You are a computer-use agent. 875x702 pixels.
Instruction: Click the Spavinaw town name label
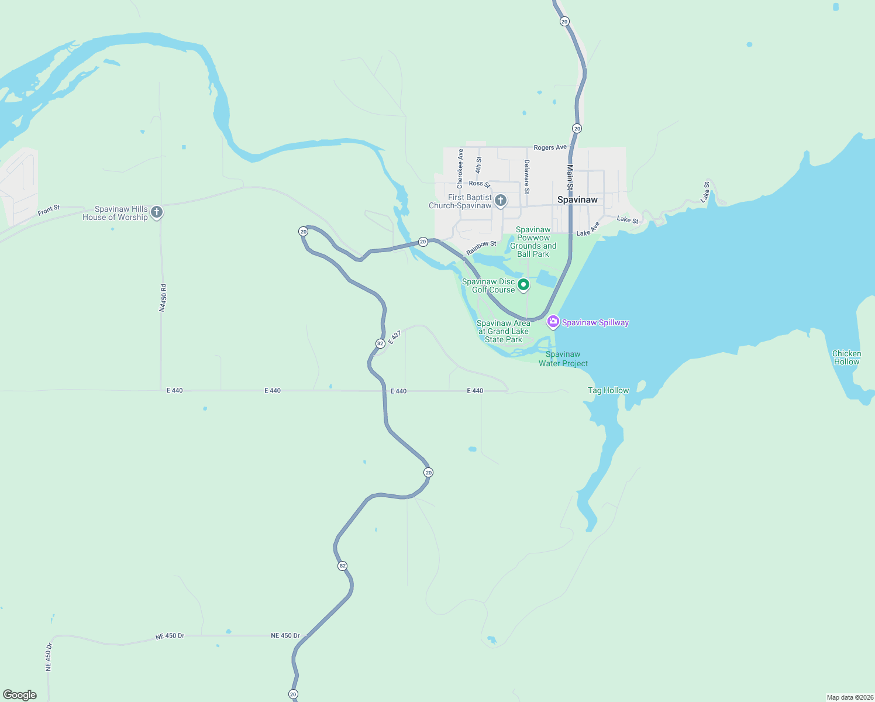click(577, 199)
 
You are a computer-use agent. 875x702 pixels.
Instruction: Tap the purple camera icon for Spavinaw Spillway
click(553, 321)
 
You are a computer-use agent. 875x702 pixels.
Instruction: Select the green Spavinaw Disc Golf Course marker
click(523, 285)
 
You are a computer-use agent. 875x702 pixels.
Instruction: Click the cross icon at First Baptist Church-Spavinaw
click(501, 201)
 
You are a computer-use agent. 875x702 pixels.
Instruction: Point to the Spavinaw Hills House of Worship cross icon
click(157, 212)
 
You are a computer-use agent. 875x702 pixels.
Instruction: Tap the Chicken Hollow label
click(846, 357)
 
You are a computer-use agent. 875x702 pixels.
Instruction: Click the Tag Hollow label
click(608, 390)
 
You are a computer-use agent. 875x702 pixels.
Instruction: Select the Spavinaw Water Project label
click(563, 359)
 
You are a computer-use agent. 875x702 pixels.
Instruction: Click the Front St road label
click(49, 209)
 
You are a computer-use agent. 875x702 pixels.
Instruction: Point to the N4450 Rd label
click(163, 298)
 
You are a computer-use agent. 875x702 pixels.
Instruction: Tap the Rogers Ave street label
click(550, 147)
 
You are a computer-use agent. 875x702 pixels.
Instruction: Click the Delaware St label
click(526, 177)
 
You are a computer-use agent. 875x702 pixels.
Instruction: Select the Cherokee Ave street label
click(460, 168)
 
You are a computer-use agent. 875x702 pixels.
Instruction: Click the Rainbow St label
click(481, 248)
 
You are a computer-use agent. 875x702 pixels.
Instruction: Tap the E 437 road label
click(395, 337)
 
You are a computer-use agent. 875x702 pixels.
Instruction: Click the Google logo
click(20, 695)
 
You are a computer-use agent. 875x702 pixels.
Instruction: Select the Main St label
click(570, 177)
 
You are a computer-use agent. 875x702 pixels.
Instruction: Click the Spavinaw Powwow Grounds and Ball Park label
click(533, 242)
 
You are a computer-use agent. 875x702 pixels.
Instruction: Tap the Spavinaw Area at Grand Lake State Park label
click(503, 331)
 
